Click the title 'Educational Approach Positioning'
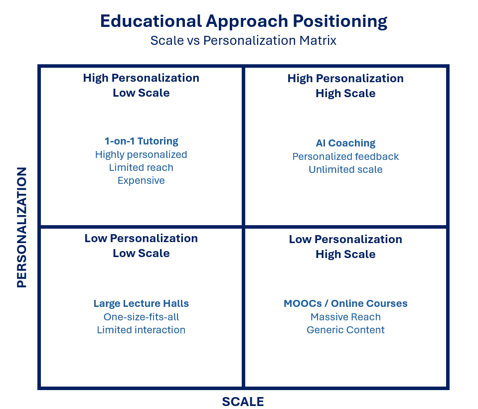244,21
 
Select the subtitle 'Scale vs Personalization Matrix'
243,40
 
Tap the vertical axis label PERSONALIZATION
21,227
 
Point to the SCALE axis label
243,402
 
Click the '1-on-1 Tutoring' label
141,141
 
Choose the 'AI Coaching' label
345,143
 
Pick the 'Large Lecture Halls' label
141,303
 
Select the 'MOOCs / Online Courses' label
345,303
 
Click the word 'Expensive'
141,180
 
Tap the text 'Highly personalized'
141,154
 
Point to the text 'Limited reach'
141,167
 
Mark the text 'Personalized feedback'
345,156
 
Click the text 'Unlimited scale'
345,169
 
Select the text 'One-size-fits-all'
141,317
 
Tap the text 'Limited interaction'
141,330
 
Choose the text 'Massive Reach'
345,317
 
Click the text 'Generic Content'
345,330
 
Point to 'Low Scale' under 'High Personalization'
141,93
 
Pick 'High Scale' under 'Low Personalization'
345,254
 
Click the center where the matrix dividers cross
244,227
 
